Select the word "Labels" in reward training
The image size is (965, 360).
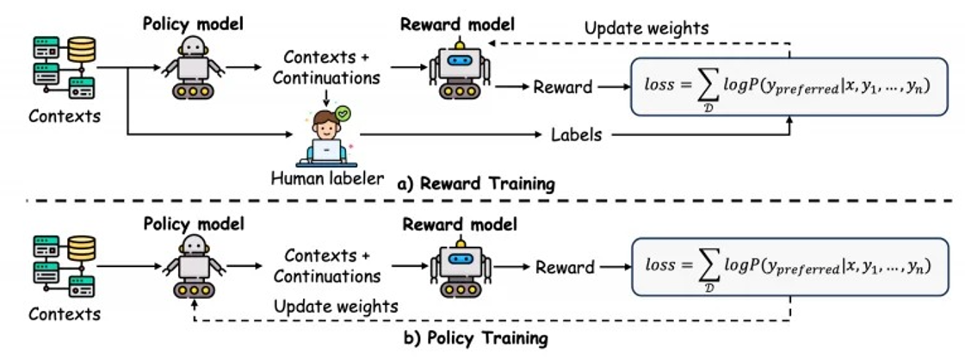click(x=575, y=134)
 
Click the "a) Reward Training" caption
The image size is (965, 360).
click(x=476, y=183)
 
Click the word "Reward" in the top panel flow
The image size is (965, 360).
click(x=562, y=87)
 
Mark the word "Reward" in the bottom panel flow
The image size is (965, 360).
click(x=565, y=267)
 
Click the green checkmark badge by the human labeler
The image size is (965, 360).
click(x=344, y=112)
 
